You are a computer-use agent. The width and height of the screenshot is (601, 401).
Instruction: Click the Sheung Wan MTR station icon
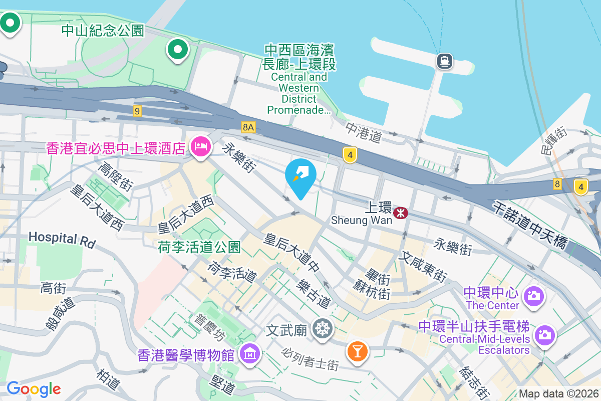click(401, 213)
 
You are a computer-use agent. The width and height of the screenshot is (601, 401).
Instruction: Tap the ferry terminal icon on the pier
click(444, 61)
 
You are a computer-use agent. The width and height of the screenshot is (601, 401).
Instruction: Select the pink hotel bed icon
click(200, 147)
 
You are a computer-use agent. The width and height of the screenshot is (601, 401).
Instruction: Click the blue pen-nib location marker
click(300, 176)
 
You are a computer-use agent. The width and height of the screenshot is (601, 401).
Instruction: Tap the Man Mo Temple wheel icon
click(322, 329)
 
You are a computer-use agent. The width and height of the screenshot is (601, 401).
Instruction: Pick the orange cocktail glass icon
click(357, 350)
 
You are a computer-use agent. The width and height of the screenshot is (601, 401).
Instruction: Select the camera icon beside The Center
click(534, 296)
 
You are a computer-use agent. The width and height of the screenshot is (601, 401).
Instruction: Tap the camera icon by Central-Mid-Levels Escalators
click(545, 334)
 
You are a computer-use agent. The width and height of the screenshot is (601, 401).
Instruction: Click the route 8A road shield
click(248, 127)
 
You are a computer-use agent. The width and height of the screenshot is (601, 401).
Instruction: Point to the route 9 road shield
click(137, 111)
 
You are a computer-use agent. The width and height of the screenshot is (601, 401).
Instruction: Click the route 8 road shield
click(557, 184)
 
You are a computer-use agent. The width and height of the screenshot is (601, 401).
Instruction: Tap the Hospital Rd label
click(62, 239)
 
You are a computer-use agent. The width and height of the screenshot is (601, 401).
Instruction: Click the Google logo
click(34, 388)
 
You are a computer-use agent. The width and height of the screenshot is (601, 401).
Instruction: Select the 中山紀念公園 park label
click(103, 31)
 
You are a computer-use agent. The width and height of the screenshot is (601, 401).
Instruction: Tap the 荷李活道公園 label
click(199, 247)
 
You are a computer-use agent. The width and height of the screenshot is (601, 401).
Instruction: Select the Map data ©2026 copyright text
click(558, 394)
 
